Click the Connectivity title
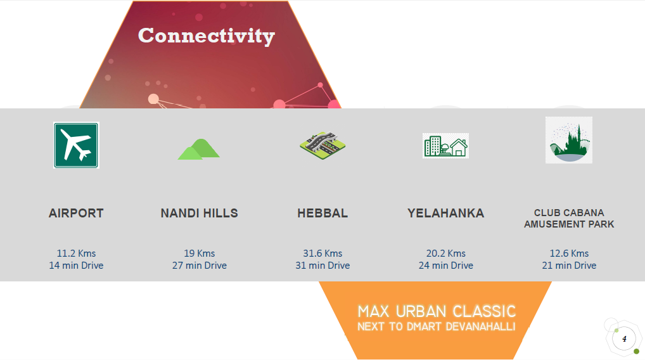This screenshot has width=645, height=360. click(x=207, y=36)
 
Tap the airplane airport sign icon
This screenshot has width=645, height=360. click(x=76, y=145)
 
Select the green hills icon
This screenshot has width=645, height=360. click(x=199, y=149)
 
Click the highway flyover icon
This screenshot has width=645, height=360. click(x=322, y=145)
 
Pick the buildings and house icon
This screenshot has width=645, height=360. click(x=445, y=146)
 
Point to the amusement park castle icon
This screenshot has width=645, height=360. click(x=569, y=140)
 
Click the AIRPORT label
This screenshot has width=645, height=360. click(x=76, y=213)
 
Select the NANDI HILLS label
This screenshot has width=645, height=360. click(x=199, y=213)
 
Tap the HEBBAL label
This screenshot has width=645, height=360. click(x=322, y=213)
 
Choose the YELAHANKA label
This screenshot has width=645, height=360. click(x=445, y=213)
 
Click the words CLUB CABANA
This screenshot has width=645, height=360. click(x=569, y=213)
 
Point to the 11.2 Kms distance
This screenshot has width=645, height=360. click(x=76, y=254)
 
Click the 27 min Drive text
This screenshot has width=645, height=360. click(x=199, y=266)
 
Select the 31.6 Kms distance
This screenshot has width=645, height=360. click(x=322, y=254)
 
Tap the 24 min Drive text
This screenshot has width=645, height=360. click(x=445, y=266)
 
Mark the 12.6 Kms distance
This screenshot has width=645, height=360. click(x=569, y=254)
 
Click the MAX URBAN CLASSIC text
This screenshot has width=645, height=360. click(x=437, y=311)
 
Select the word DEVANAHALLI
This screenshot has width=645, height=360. click(x=480, y=326)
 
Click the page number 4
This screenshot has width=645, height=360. click(x=625, y=339)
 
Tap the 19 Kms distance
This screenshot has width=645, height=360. click(x=199, y=254)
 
